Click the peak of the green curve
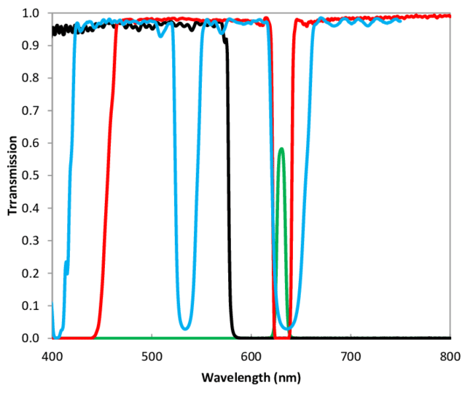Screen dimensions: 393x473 (x=281, y=149)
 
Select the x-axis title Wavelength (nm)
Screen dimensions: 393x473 (x=251, y=378)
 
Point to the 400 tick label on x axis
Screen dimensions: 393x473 (x=52, y=357)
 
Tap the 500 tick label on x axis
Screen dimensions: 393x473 (x=152, y=357)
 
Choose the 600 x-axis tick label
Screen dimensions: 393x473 (x=251, y=357)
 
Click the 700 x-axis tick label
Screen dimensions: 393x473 (x=351, y=357)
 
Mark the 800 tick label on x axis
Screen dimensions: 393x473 (x=450, y=357)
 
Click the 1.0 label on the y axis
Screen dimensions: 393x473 (x=31, y=13)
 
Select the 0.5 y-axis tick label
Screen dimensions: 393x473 (x=31, y=175)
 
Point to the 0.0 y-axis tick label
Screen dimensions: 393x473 (x=31, y=338)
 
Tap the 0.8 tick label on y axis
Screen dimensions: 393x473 (x=31, y=78)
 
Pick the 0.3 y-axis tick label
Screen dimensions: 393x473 (x=31, y=241)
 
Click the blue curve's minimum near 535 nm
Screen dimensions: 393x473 (x=187, y=328)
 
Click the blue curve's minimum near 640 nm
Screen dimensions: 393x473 (x=290, y=327)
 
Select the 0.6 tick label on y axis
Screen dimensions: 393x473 (x=31, y=143)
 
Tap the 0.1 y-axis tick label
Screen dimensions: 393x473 (x=31, y=306)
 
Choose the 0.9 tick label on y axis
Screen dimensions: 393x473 (x=31, y=45)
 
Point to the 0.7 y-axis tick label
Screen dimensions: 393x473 (x=31, y=111)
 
